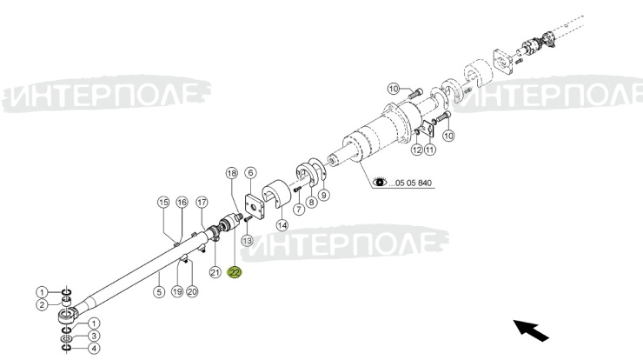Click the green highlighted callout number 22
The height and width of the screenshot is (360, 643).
[235, 272]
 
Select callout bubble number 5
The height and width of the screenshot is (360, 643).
[159, 292]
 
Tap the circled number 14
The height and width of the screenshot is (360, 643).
[282, 225]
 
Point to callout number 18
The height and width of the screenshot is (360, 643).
[232, 173]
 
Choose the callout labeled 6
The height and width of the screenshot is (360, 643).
[250, 173]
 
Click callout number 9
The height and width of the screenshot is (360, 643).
[323, 195]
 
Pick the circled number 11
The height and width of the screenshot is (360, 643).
[429, 150]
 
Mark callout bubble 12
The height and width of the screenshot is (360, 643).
[416, 150]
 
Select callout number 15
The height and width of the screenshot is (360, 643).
[163, 203]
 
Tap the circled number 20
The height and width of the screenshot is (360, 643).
[192, 292]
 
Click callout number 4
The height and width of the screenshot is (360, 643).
[94, 349]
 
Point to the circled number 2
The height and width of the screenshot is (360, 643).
[42, 305]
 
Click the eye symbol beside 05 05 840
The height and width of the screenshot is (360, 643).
[380, 182]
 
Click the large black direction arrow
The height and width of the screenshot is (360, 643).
[532, 330]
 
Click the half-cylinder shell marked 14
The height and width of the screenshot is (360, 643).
[277, 194]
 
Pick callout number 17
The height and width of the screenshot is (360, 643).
[202, 203]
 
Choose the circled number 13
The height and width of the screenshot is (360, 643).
[247, 240]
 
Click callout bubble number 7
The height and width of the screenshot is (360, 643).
[299, 210]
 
